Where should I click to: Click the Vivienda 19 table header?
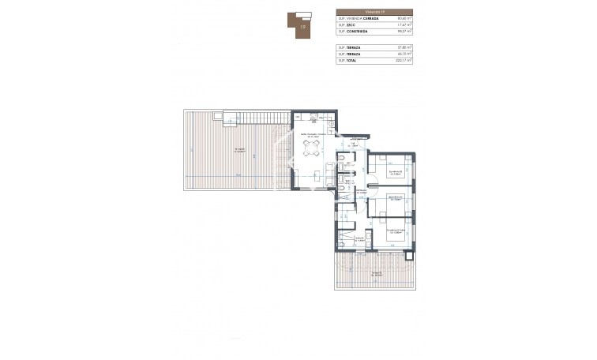pos(375,12)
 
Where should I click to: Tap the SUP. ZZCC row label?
pos(347,26)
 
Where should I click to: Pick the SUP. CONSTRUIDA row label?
pos(354,33)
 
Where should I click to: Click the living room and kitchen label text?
pos(313,136)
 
